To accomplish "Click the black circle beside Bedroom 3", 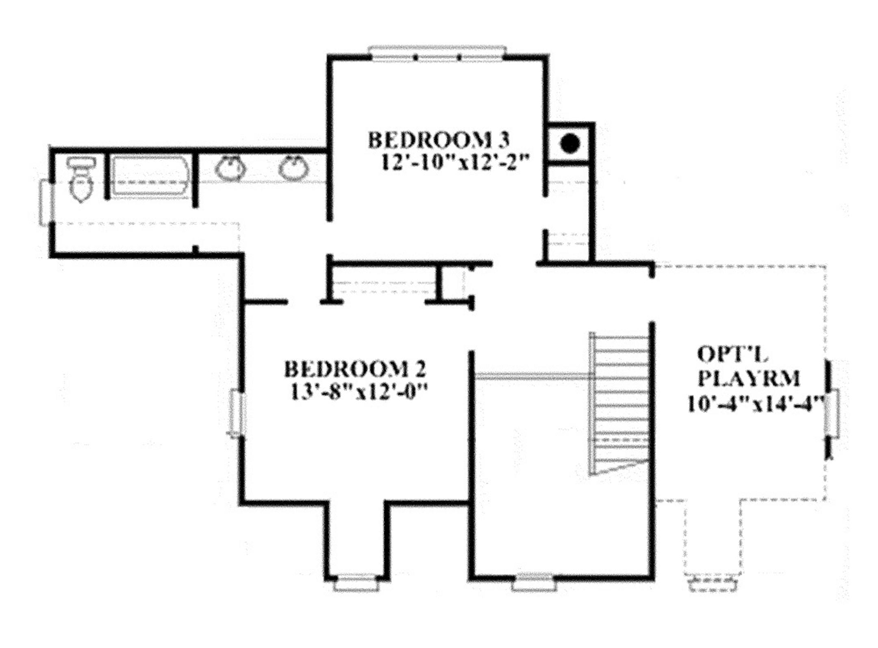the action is [570, 143].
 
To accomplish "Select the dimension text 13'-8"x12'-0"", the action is [360, 393].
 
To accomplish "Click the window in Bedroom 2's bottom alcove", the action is [356, 584].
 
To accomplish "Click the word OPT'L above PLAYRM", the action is [732, 354].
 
